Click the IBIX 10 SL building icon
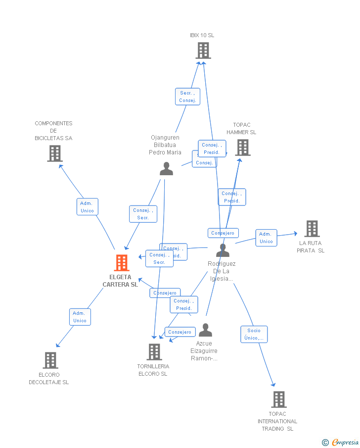(x=203, y=50)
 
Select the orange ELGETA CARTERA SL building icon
(x=121, y=262)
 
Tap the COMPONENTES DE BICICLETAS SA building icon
(x=54, y=153)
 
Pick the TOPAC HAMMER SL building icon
(x=242, y=148)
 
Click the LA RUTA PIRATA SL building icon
(x=312, y=229)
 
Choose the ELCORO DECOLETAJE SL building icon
(x=50, y=360)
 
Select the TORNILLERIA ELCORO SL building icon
(x=154, y=352)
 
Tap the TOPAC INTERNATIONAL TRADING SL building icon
(x=278, y=399)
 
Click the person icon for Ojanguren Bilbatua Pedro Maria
(x=166, y=169)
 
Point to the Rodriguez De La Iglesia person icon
(x=223, y=250)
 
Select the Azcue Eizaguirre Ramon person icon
(x=205, y=330)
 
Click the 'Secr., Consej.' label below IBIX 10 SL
(x=188, y=97)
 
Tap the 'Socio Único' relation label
(x=254, y=334)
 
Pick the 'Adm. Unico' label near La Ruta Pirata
(x=266, y=238)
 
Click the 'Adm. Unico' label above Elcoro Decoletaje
(x=80, y=317)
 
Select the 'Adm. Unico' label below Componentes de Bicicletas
(x=87, y=207)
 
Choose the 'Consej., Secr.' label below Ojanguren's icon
(x=143, y=214)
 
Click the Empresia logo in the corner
(x=341, y=442)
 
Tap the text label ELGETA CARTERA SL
(x=120, y=281)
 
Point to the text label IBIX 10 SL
(x=202, y=36)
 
